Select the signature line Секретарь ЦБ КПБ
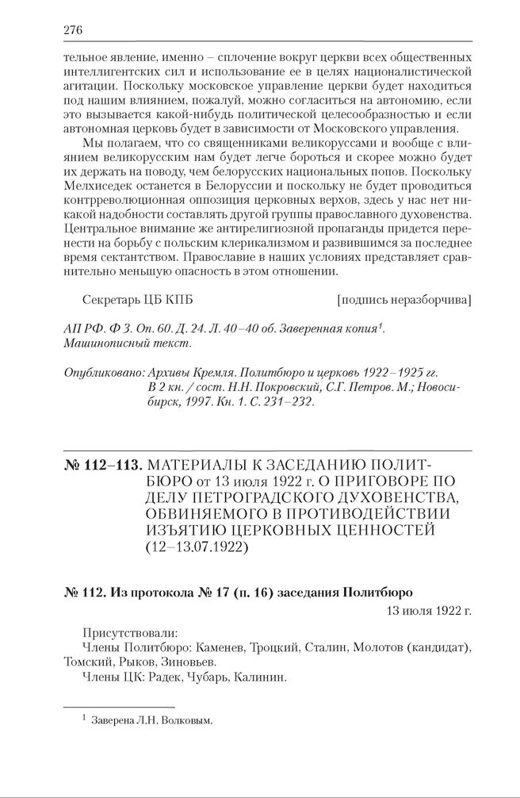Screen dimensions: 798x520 click(137, 300)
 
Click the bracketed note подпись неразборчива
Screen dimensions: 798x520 click(404, 300)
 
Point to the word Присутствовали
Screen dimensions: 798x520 click(130, 635)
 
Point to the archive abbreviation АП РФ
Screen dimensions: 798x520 click(79, 328)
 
